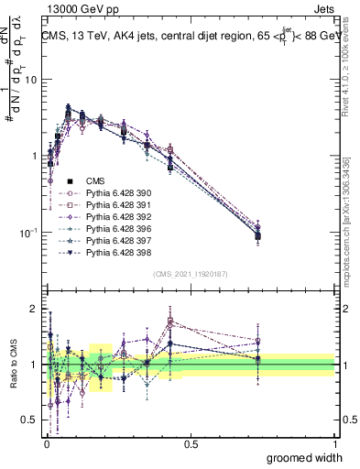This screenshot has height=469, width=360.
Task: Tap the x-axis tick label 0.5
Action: [191, 443]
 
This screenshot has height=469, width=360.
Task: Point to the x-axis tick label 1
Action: [334, 443]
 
